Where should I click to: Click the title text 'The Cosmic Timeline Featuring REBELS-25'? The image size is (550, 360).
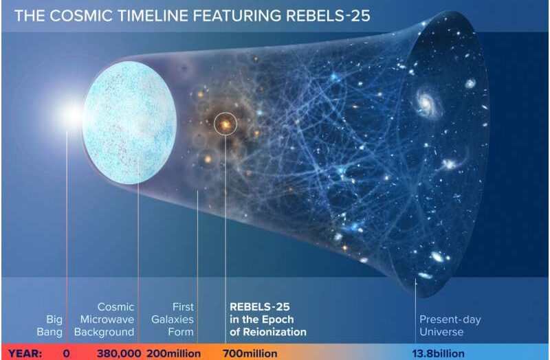[x=192, y=16]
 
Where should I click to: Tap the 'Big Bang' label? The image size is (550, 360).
[x=49, y=326]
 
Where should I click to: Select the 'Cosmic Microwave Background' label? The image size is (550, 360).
[x=104, y=319]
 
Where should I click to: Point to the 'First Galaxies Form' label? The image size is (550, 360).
[x=173, y=319]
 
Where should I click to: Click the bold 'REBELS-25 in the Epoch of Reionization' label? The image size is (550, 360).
[x=268, y=319]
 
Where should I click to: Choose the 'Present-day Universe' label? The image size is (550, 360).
[x=450, y=326]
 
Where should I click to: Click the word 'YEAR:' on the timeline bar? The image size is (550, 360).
[x=25, y=354]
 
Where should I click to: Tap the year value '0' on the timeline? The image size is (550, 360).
[x=66, y=354]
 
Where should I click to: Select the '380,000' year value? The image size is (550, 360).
[x=119, y=354]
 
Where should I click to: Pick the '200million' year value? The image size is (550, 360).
[x=174, y=354]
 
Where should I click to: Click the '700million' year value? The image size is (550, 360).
[x=250, y=354]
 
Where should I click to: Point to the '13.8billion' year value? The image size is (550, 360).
[x=439, y=354]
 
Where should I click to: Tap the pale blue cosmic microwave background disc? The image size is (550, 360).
[x=129, y=122]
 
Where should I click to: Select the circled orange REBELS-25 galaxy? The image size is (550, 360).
[x=225, y=124]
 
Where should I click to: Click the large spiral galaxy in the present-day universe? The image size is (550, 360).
[x=426, y=102]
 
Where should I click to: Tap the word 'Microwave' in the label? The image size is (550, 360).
[x=107, y=319]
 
